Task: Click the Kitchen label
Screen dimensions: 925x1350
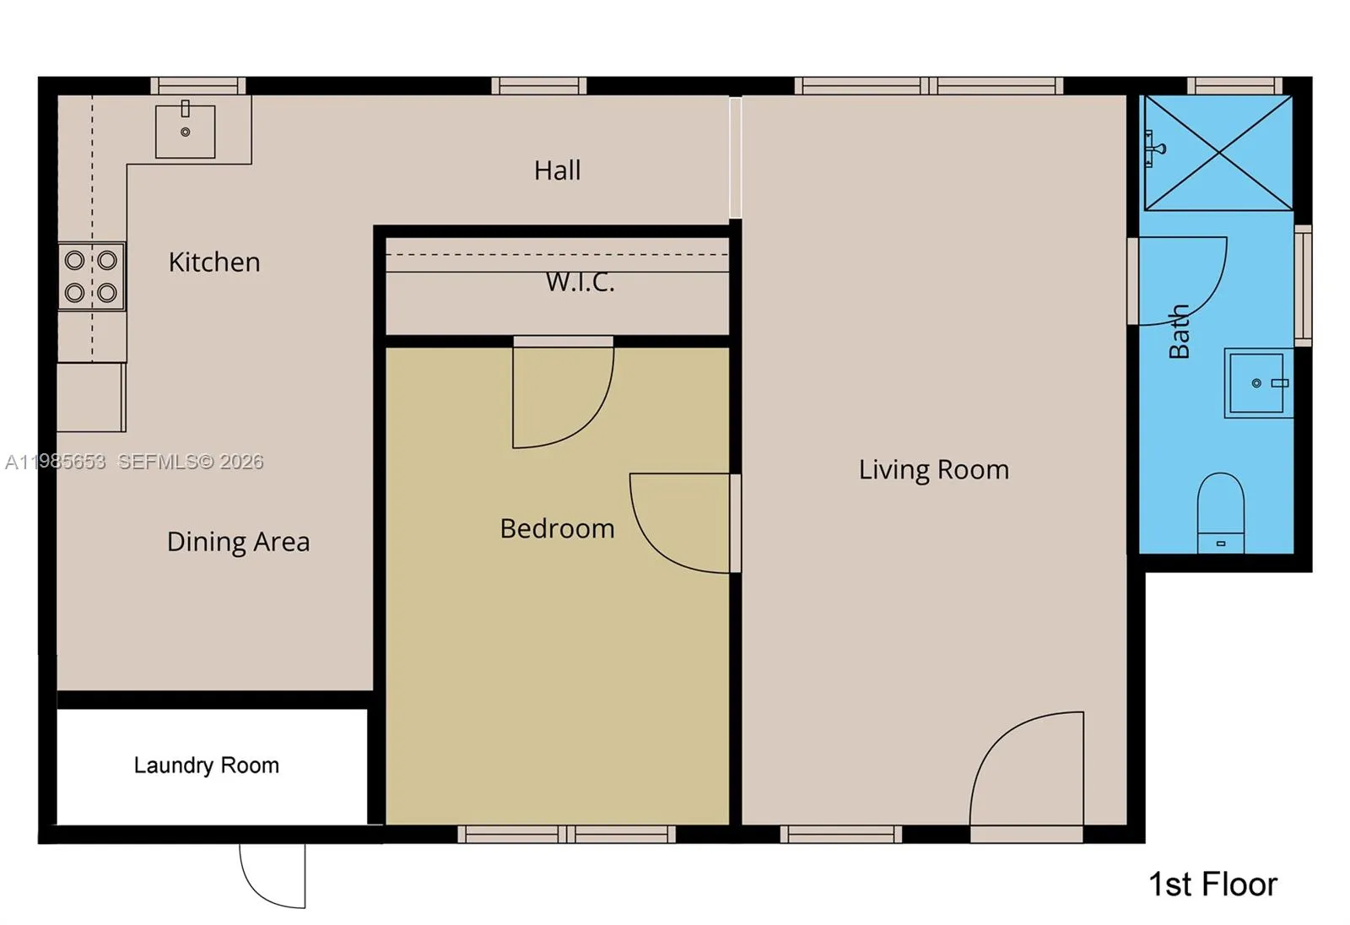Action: [x=214, y=262]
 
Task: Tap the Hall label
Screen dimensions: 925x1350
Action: [x=557, y=170]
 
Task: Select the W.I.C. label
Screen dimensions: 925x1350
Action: [x=580, y=282]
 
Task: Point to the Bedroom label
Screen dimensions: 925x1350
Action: [x=557, y=528]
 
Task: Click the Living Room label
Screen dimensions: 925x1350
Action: [x=933, y=469]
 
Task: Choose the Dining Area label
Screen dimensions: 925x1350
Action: [x=238, y=541]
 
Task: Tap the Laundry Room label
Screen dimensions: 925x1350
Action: [x=206, y=765]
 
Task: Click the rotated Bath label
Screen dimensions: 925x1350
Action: [x=1180, y=332]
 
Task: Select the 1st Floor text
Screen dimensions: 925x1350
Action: [x=1212, y=884]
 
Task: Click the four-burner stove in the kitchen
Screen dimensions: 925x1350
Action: [x=91, y=276]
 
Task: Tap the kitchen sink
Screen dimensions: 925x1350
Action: [x=186, y=131]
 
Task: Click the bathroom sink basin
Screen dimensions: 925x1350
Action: [x=1256, y=384]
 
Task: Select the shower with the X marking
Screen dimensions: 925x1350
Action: [x=1218, y=153]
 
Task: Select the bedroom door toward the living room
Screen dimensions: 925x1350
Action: [x=680, y=523]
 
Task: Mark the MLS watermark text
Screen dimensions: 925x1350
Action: [x=135, y=462]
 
